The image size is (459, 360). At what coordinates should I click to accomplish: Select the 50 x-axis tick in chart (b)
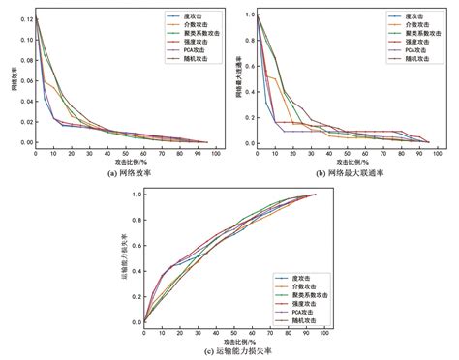point(345,153)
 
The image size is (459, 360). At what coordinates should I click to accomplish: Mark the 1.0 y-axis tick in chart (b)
point(248,15)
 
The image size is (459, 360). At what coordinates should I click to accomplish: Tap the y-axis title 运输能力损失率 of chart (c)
point(123,256)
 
